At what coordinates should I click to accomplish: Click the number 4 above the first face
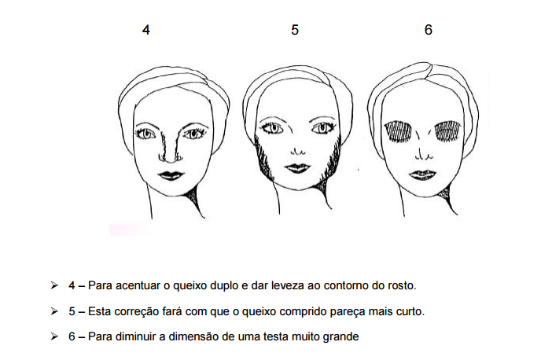(x=146, y=30)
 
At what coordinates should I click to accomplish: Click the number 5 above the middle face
(x=295, y=30)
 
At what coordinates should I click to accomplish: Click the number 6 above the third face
(x=429, y=30)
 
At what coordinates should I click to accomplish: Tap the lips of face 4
(x=171, y=175)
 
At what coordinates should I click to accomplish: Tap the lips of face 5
(x=297, y=168)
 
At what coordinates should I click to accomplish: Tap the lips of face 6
(x=423, y=174)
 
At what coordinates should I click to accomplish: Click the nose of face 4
(x=170, y=146)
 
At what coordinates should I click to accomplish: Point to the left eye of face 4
(x=146, y=134)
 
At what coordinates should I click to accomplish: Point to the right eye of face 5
(x=323, y=128)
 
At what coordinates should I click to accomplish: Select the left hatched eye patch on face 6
(x=398, y=131)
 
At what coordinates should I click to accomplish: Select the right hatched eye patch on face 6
(x=448, y=130)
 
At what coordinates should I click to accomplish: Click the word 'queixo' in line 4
(x=190, y=286)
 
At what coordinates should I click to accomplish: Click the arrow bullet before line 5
(x=54, y=311)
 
